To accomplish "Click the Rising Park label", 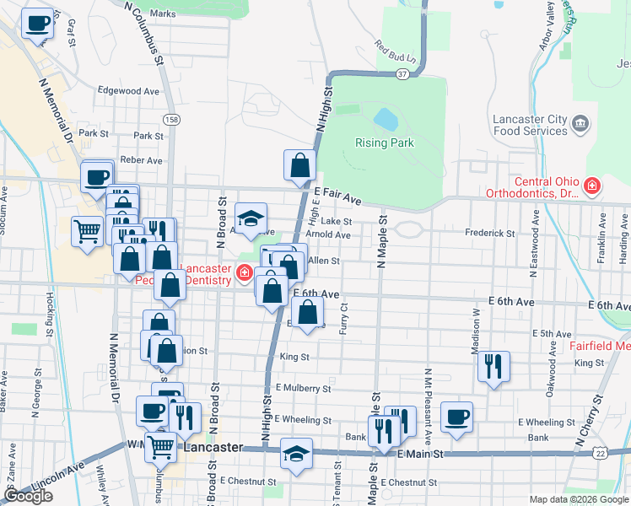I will [x=385, y=143].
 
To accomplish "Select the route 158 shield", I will [x=172, y=120].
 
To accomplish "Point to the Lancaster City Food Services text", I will [x=530, y=125].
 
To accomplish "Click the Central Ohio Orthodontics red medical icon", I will [x=593, y=186].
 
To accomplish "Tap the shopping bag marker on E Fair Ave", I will [x=299, y=165].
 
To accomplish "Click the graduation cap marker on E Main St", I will [x=296, y=454].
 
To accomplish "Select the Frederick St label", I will [x=489, y=233].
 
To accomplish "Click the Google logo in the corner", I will [x=28, y=496].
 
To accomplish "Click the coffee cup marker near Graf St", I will [x=36, y=23].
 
